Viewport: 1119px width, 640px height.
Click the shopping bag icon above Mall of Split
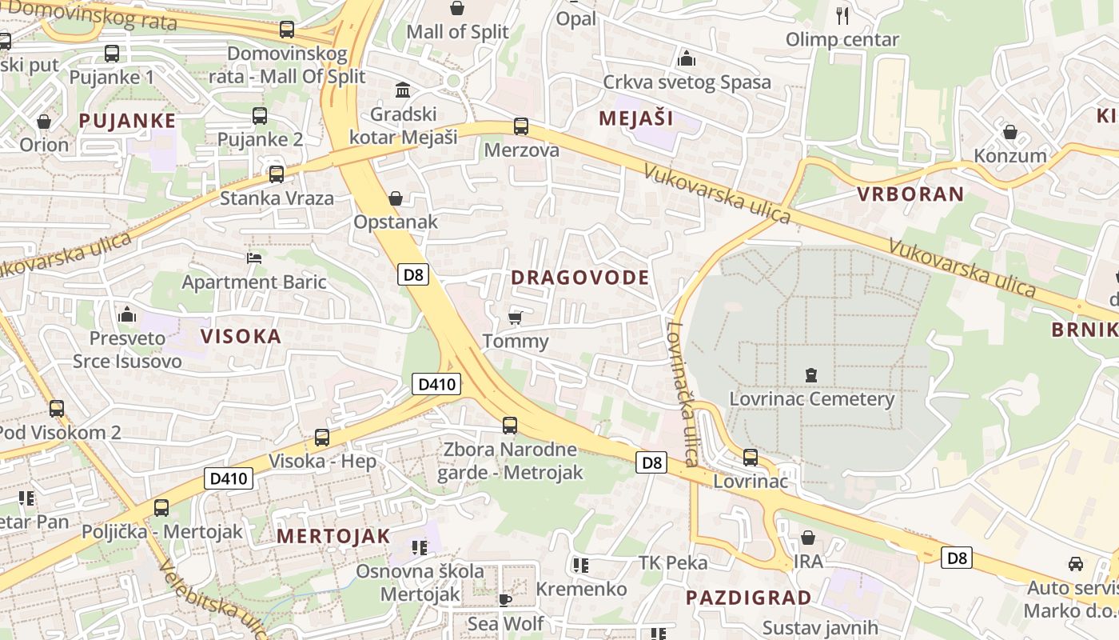pyautogui.click(x=457, y=9)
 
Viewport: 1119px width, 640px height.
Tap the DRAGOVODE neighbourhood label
pyautogui.click(x=579, y=278)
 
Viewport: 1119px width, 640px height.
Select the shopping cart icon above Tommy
pyautogui.click(x=516, y=318)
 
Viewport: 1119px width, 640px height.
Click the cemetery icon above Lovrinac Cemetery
pyautogui.click(x=811, y=374)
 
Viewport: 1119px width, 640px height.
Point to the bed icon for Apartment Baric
pyautogui.click(x=254, y=258)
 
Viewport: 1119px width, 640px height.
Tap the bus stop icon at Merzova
pyautogui.click(x=521, y=126)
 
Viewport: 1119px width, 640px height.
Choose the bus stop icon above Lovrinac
pyautogui.click(x=751, y=458)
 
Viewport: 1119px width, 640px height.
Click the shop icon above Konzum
pyautogui.click(x=1010, y=132)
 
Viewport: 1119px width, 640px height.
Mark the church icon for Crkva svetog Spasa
pyautogui.click(x=687, y=58)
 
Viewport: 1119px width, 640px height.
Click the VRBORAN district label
pyautogui.click(x=910, y=194)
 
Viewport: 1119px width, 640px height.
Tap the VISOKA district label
pyautogui.click(x=241, y=336)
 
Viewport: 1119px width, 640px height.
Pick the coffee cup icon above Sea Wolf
pyautogui.click(x=504, y=599)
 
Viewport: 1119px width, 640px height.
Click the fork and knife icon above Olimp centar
pyautogui.click(x=842, y=15)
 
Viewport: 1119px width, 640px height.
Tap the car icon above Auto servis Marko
pyautogui.click(x=1076, y=564)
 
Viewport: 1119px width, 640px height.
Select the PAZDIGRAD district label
pyautogui.click(x=748, y=598)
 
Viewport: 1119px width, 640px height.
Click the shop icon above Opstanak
pyautogui.click(x=395, y=198)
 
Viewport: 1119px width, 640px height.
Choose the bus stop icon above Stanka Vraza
pyautogui.click(x=277, y=174)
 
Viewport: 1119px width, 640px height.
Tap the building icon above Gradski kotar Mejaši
pyautogui.click(x=403, y=90)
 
